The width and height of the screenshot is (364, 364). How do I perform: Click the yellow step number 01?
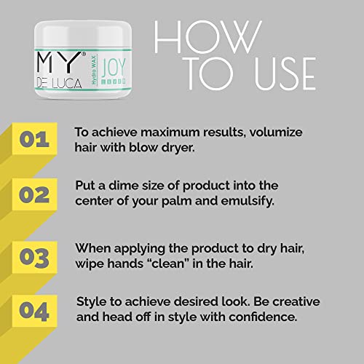(34, 139)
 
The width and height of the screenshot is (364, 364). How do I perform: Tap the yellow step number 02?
(34, 195)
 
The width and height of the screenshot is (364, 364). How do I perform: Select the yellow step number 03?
(34, 258)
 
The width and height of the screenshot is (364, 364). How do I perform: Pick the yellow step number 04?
(34, 312)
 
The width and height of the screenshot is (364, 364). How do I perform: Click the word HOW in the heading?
(208, 37)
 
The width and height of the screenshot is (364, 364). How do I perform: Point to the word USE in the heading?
(285, 74)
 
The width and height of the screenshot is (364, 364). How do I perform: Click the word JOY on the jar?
(114, 67)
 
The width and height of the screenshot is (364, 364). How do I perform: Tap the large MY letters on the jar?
(60, 62)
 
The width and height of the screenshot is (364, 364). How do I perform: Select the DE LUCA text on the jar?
(59, 84)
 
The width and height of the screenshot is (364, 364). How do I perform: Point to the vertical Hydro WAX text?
(94, 71)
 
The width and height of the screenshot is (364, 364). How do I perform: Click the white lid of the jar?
(83, 34)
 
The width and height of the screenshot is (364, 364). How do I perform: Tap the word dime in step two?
(123, 186)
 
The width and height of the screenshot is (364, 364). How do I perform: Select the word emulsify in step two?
(248, 201)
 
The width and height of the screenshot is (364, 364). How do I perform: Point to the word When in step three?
(93, 248)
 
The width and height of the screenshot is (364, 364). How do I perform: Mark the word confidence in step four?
(263, 317)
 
